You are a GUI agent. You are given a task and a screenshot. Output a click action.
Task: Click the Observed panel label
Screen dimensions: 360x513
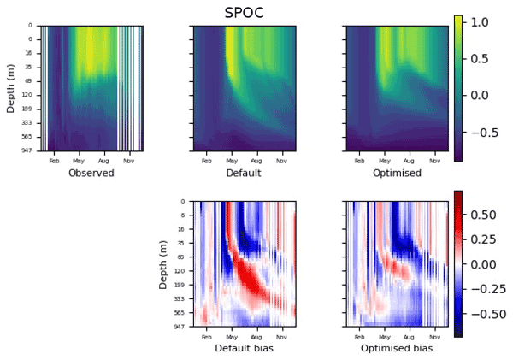click(91, 173)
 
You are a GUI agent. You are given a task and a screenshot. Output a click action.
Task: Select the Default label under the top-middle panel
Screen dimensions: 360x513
click(244, 173)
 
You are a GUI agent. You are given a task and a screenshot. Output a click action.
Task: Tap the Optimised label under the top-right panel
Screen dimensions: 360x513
click(397, 173)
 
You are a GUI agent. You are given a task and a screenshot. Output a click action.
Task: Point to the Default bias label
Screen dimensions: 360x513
click(244, 348)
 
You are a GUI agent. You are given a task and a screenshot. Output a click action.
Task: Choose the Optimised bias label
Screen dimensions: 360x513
click(397, 348)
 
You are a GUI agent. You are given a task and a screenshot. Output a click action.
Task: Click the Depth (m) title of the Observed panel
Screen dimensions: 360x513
click(11, 87)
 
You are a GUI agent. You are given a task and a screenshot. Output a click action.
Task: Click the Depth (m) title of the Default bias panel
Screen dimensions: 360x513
click(164, 263)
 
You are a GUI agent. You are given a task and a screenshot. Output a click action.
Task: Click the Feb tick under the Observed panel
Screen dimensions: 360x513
click(54, 160)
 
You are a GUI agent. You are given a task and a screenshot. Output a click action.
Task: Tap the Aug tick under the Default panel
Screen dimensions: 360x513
click(256, 160)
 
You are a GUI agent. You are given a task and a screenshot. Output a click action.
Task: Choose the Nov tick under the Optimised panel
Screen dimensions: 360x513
click(433, 160)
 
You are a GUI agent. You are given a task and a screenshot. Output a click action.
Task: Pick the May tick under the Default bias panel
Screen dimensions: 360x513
click(231, 335)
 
